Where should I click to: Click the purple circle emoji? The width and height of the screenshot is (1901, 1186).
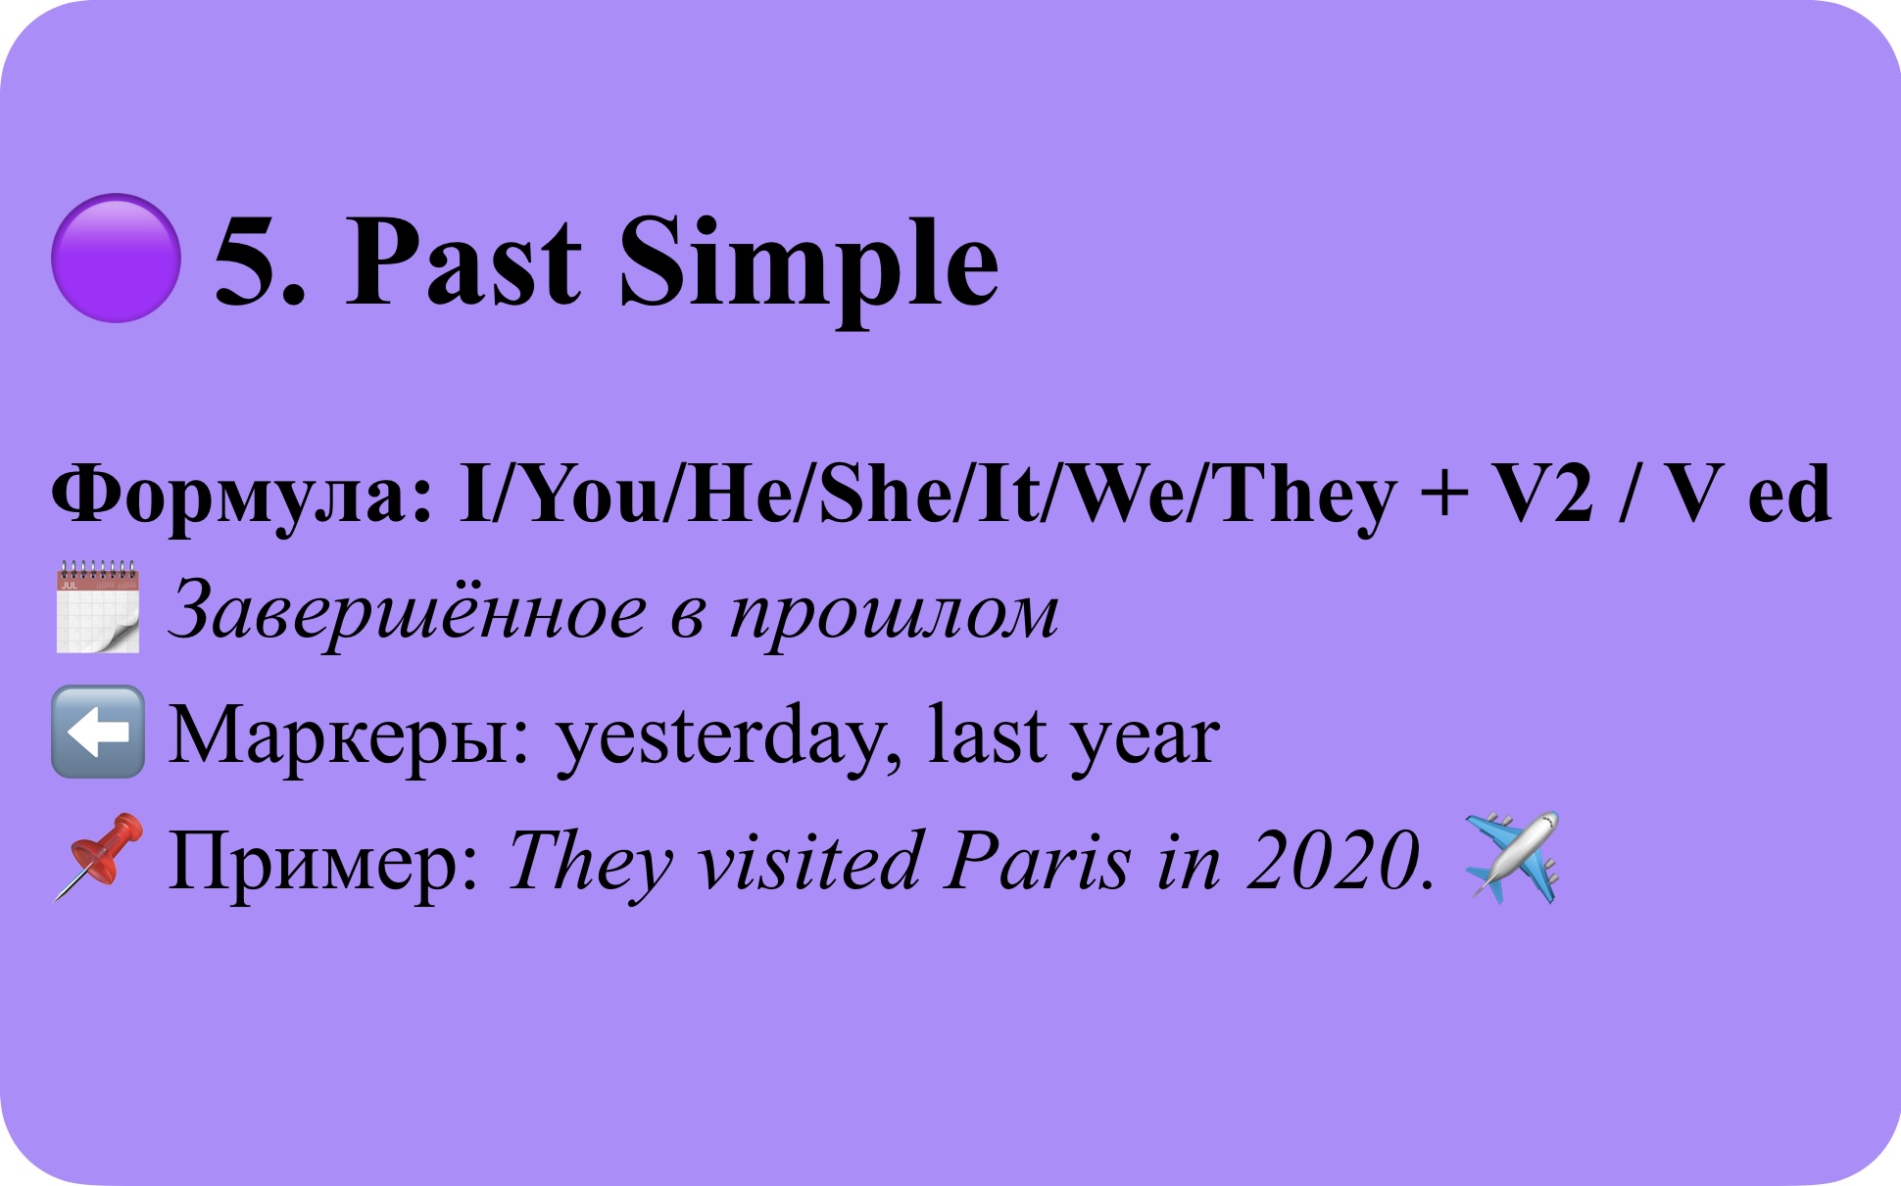click(x=116, y=258)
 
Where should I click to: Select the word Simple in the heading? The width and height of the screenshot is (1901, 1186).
click(x=809, y=269)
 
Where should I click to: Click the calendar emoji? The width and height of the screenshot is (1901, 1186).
click(x=97, y=607)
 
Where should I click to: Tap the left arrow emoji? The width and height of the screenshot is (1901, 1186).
click(x=98, y=732)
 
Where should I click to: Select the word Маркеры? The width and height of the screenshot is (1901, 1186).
click(x=349, y=737)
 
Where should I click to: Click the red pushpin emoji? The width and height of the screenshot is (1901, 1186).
click(x=98, y=856)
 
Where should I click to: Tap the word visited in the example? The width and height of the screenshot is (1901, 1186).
click(x=809, y=861)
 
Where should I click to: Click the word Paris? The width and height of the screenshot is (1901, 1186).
click(x=1039, y=861)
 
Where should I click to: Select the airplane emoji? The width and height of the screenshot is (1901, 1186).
click(x=1511, y=857)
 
